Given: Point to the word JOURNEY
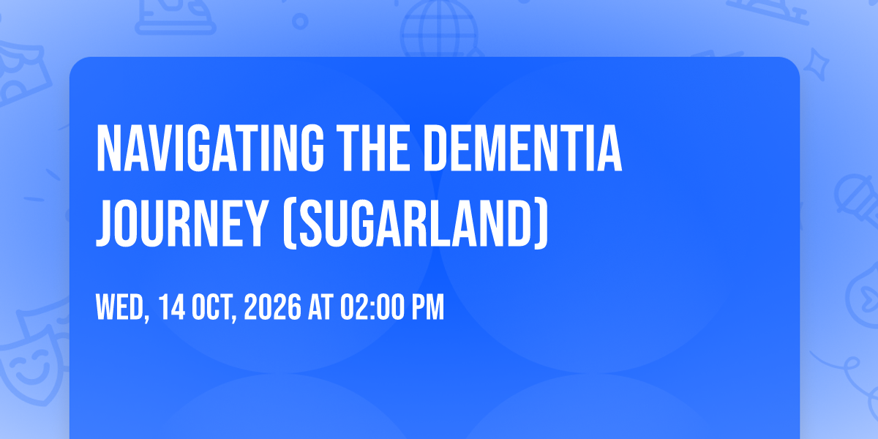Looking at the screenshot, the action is [x=181, y=223].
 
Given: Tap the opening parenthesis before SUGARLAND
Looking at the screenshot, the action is [x=289, y=224].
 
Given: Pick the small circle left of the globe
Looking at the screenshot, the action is [x=300, y=21].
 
